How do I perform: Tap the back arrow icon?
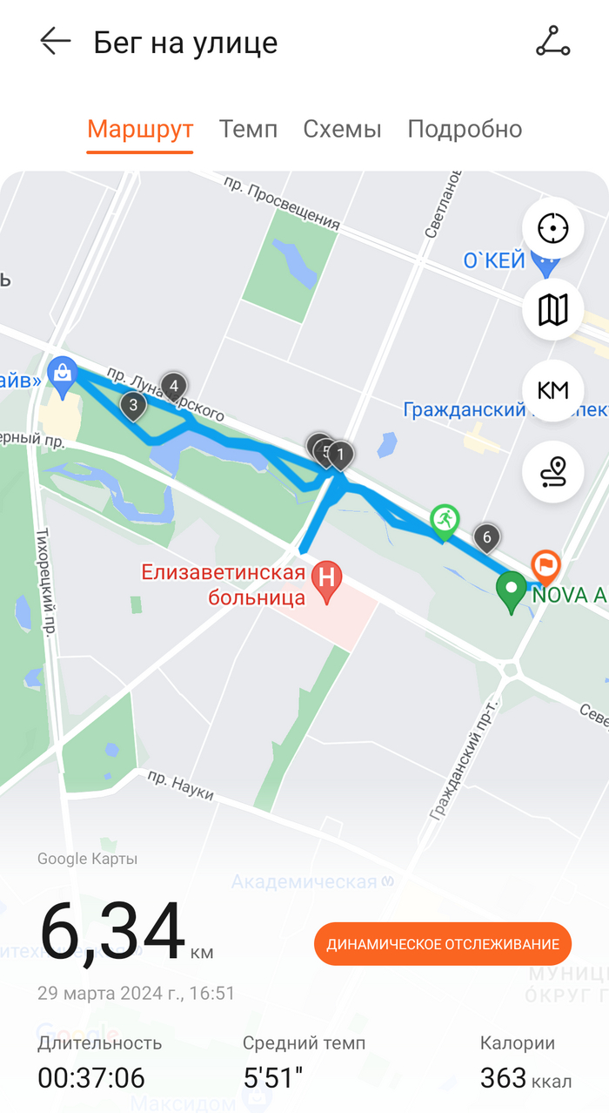(x=55, y=42)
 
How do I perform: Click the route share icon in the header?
(x=552, y=42)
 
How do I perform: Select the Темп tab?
(x=248, y=130)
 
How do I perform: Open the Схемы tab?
(x=342, y=130)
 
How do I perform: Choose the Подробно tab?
(x=465, y=130)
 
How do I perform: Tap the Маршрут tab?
(x=140, y=130)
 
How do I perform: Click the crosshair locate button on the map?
(x=552, y=229)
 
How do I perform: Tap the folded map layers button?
(x=552, y=309)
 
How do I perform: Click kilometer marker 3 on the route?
(x=133, y=405)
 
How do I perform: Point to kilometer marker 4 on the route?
(x=174, y=386)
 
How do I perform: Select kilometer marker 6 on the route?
(x=487, y=537)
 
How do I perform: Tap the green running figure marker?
(x=445, y=521)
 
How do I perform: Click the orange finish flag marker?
(x=545, y=565)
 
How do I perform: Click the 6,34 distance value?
(x=113, y=932)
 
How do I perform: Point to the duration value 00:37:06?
(x=91, y=1078)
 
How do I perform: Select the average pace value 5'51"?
(x=273, y=1078)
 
